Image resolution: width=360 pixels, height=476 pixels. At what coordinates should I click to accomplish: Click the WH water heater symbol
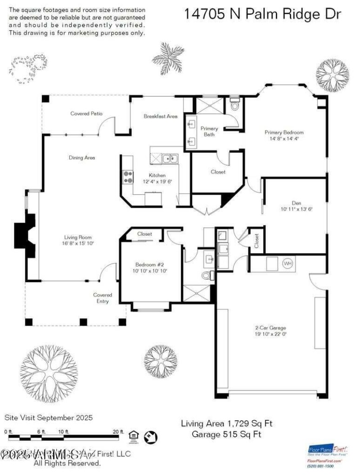(x=287, y=263)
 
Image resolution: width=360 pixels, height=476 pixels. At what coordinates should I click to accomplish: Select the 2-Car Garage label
(x=274, y=328)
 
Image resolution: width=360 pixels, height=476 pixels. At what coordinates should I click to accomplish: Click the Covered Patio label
(x=86, y=114)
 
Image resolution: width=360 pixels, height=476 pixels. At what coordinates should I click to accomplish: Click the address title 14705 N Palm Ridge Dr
(x=262, y=14)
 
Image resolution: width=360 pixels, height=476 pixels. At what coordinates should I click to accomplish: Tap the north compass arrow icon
(x=150, y=436)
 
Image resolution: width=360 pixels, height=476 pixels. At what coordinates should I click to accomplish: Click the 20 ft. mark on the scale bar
(x=118, y=431)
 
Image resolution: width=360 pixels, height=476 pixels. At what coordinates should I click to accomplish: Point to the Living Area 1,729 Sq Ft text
(x=226, y=423)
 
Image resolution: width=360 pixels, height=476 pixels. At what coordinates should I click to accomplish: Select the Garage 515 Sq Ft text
(x=226, y=434)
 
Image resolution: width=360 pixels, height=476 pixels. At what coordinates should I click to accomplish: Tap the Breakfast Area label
(x=160, y=116)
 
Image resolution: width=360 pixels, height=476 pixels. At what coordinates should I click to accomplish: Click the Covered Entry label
(x=103, y=298)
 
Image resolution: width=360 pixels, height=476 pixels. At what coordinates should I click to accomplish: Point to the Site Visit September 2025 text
(x=49, y=418)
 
